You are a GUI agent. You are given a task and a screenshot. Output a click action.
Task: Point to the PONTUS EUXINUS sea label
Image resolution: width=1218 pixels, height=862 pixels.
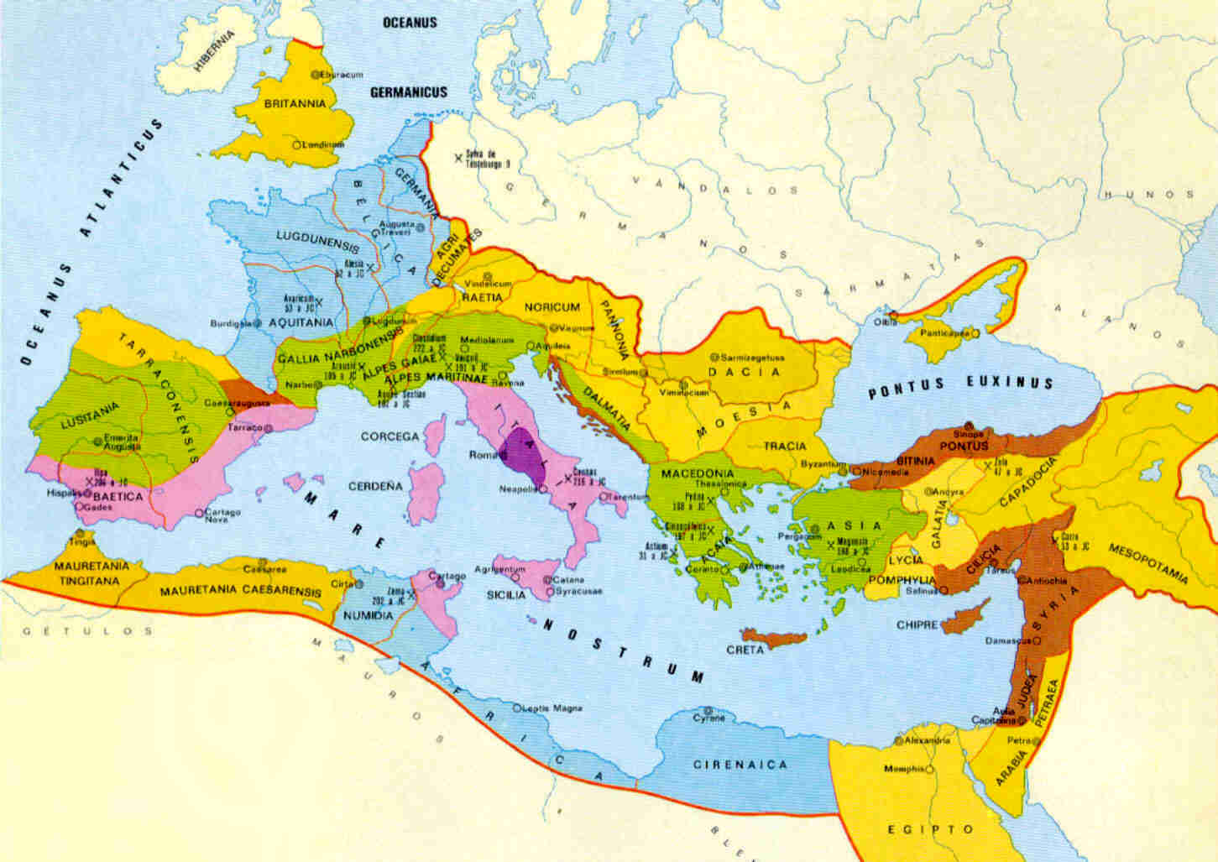click(959, 384)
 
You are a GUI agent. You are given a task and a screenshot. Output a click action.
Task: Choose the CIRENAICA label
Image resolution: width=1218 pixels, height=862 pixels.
click(740, 765)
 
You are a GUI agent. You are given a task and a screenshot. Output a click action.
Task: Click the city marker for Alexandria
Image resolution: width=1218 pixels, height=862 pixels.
click(899, 741)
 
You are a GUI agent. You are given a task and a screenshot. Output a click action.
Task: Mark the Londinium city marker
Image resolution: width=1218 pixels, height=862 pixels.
click(295, 144)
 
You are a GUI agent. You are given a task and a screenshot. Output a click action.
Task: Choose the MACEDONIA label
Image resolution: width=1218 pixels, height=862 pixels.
click(698, 473)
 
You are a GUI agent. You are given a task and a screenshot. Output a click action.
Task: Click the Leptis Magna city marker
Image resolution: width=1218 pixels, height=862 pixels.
click(517, 708)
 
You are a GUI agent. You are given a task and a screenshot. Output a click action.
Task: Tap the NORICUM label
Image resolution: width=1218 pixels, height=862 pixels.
click(552, 308)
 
